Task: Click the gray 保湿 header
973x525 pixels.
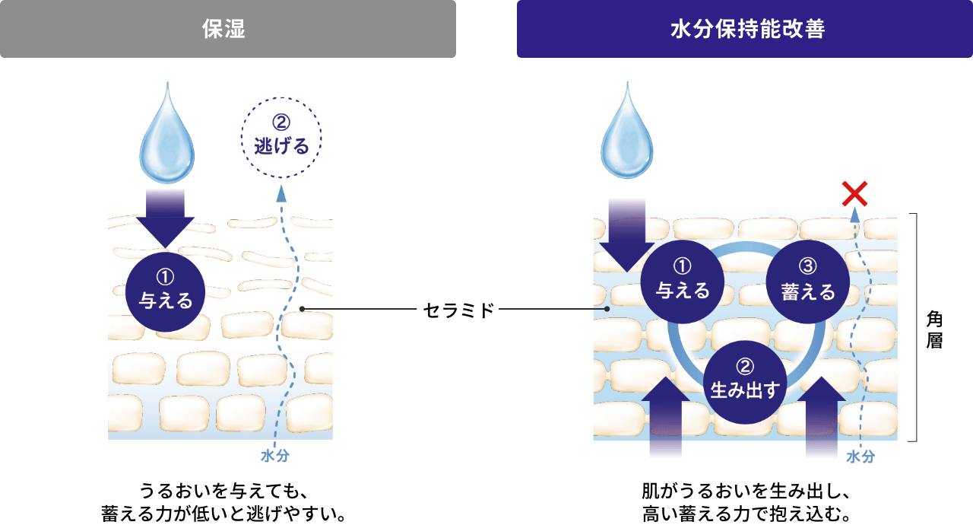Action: [228, 29]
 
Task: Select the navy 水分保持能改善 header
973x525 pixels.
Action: [745, 29]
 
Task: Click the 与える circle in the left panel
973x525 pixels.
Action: [165, 292]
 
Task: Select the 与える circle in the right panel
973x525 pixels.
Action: [683, 282]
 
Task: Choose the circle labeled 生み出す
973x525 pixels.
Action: [745, 383]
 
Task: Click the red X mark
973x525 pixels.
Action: [855, 194]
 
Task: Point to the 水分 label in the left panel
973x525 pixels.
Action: [274, 456]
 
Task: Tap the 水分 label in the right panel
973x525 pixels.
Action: [860, 457]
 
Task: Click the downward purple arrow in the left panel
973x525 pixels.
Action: [165, 217]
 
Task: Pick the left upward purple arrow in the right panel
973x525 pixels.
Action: [667, 415]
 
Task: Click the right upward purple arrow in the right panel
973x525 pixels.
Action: [820, 415]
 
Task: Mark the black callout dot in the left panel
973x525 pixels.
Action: [302, 309]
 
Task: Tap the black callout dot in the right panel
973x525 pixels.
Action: [607, 310]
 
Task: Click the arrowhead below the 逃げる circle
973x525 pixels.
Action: [281, 192]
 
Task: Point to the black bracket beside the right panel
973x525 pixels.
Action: [915, 327]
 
